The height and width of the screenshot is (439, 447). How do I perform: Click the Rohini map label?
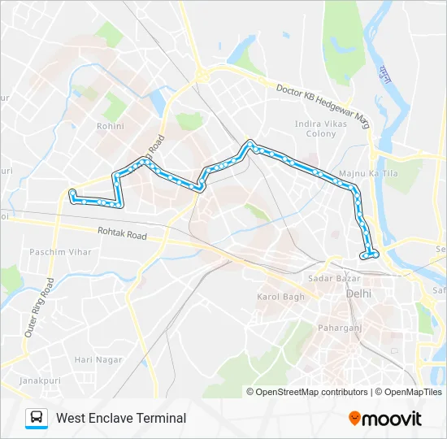tap(110, 126)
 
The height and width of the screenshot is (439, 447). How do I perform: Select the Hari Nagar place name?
tap(98, 359)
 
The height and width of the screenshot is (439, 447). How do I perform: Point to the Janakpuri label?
tap(19, 380)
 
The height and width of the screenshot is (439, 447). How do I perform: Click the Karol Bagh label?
tap(280, 297)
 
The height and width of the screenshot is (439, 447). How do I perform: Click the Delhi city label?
tap(358, 293)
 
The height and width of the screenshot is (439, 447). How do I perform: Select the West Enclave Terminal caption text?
tap(121, 418)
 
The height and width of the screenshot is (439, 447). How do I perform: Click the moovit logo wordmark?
tap(392, 419)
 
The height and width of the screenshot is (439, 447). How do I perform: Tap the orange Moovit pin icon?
tap(354, 419)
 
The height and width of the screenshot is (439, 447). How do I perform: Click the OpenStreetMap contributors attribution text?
tap(312, 392)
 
